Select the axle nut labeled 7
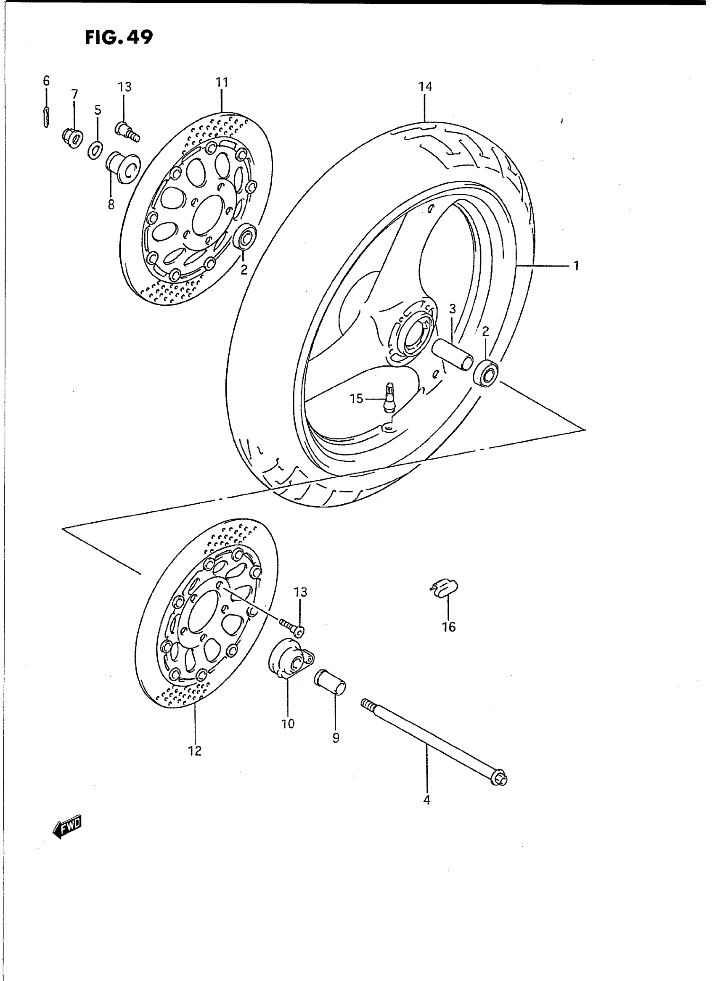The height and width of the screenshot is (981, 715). (x=72, y=137)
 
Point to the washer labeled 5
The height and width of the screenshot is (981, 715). (x=95, y=149)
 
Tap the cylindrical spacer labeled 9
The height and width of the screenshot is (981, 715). (x=331, y=684)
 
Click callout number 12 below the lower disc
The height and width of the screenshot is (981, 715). (x=195, y=751)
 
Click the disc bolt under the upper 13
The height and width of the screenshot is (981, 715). (x=127, y=131)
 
